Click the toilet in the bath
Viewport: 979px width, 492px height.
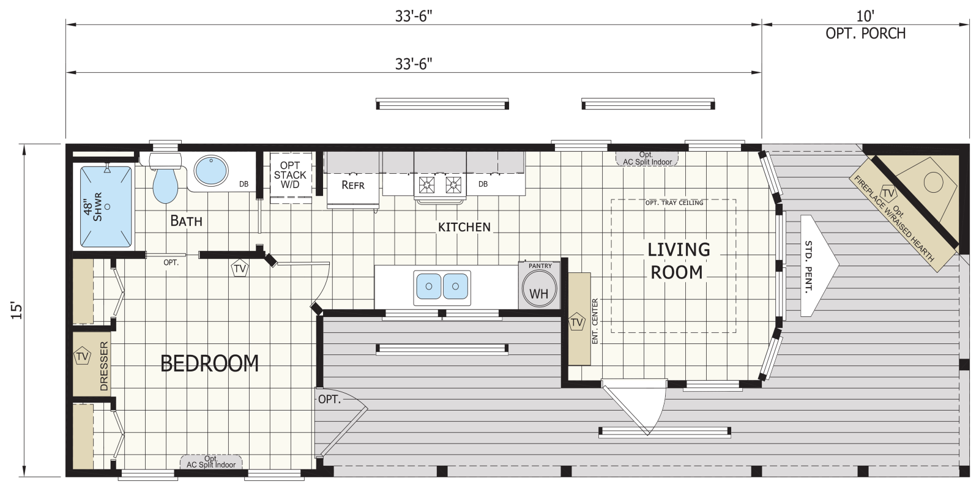point(165,177)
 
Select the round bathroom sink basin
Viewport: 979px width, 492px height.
point(211,170)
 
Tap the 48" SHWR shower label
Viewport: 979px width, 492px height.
point(92,207)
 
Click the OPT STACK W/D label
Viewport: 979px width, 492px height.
point(290,175)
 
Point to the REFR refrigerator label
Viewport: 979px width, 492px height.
point(352,185)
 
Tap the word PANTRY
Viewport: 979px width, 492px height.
point(540,266)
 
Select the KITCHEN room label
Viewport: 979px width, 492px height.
point(464,227)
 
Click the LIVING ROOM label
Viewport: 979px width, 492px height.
point(678,261)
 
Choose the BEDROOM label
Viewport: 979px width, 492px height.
point(209,363)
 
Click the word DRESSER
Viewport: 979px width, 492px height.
point(104,366)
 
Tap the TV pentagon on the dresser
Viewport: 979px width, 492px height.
point(82,356)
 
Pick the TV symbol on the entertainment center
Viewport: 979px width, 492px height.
point(577,322)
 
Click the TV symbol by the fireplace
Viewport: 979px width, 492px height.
point(888,193)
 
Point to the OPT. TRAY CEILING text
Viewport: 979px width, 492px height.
point(674,203)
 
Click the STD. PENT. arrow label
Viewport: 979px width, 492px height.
point(808,266)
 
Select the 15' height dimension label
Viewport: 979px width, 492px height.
point(16,310)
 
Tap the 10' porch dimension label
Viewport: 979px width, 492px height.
point(865,16)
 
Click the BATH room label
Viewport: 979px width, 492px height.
point(186,221)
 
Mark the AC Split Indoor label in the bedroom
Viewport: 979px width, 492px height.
point(211,462)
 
